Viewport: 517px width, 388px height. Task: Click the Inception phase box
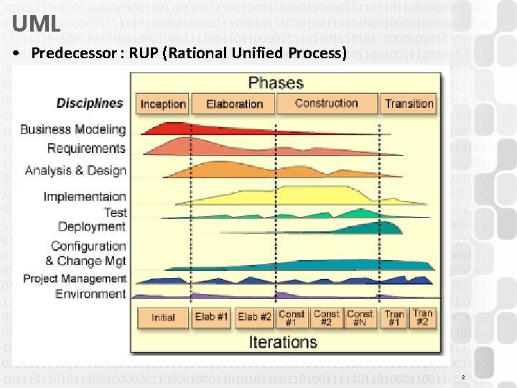point(163,103)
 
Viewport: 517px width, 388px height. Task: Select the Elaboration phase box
point(235,103)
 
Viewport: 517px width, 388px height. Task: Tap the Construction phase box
point(327,103)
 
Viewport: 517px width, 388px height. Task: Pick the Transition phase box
point(409,103)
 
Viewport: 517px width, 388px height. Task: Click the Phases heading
point(276,82)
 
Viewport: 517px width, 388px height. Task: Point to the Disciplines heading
point(90,103)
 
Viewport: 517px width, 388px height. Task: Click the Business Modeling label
point(73,129)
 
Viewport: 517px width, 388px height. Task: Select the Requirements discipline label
point(86,148)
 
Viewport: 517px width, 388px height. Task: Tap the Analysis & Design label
point(75,170)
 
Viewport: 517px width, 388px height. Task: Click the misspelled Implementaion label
point(85,196)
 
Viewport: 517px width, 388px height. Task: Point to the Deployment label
point(92,226)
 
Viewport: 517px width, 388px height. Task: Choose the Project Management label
point(75,278)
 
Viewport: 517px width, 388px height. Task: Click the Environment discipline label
point(90,293)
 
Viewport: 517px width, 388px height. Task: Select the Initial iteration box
point(163,318)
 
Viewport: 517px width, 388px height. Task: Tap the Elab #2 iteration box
point(255,318)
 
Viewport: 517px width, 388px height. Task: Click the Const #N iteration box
point(360,318)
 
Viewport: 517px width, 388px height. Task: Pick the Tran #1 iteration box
point(394,318)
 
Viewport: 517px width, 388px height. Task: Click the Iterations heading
point(283,342)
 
